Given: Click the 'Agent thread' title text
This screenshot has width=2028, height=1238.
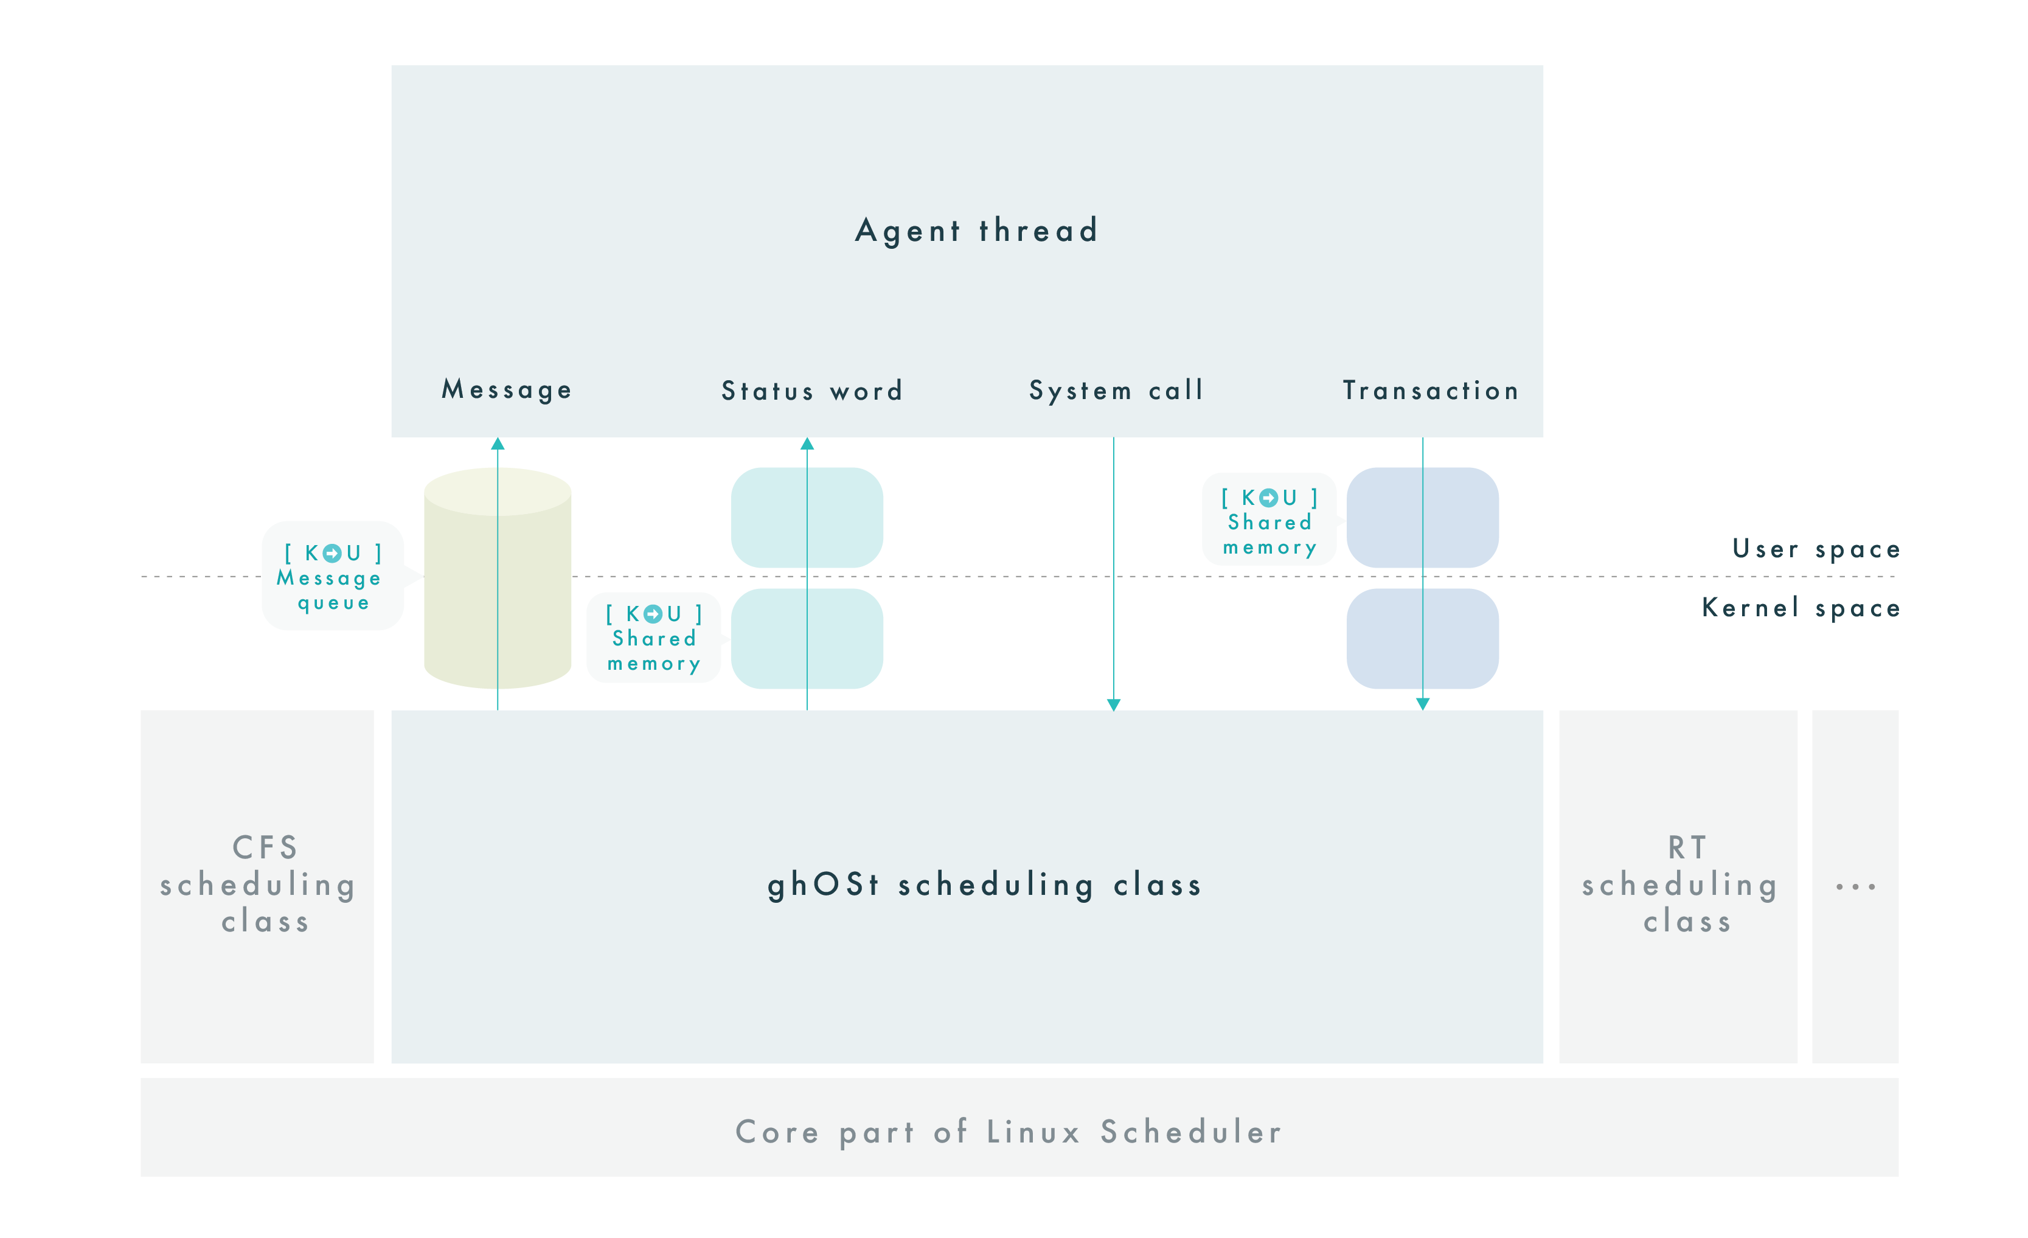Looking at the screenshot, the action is (x=976, y=231).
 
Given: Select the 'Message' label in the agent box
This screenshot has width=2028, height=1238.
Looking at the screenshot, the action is (x=507, y=389).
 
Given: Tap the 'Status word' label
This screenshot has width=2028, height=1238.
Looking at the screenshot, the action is (x=812, y=390).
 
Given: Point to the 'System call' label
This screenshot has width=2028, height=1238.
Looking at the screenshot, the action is (x=1116, y=390).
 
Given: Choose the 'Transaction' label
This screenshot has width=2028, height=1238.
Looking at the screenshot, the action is (x=1431, y=390).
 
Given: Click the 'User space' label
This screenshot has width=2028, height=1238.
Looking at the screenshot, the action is (x=1816, y=549).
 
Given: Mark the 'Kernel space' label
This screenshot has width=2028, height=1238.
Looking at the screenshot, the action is (x=1801, y=608).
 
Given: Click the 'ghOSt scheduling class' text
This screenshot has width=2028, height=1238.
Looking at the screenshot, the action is (x=984, y=885).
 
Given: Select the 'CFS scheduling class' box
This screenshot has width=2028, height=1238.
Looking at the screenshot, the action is (x=257, y=886).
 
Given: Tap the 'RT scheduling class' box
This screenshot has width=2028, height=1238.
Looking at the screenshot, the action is (x=1678, y=886).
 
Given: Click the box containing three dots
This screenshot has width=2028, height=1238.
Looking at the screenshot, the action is (x=1855, y=886).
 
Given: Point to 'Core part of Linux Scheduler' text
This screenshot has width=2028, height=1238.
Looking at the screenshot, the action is (x=1009, y=1132).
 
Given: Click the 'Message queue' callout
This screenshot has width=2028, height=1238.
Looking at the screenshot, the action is (x=333, y=576).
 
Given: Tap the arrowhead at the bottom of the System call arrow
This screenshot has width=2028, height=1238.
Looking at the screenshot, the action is (x=1114, y=704).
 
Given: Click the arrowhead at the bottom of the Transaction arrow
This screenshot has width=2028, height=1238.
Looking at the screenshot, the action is (x=1422, y=704).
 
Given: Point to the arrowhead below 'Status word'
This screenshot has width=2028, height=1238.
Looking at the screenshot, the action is (x=807, y=443).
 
